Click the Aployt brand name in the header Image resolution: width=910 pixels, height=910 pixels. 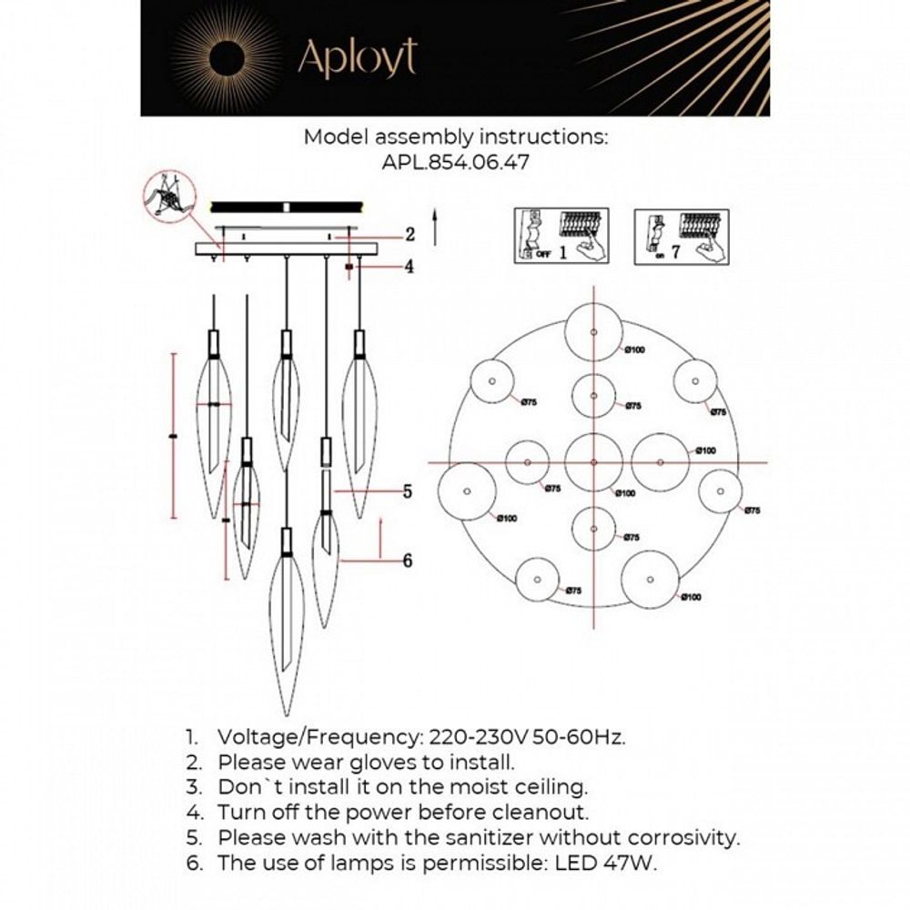tap(358, 56)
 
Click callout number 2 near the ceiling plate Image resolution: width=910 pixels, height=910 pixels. tap(409, 235)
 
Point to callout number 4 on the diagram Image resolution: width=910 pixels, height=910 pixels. tap(409, 267)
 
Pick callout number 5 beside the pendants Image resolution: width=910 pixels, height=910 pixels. tap(408, 491)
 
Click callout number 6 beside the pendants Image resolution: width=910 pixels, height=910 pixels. tap(407, 560)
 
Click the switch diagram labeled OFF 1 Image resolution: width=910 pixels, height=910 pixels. tap(559, 236)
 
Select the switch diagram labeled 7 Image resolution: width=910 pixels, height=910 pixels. tap(679, 236)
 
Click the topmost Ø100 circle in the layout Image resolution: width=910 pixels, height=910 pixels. tap(592, 333)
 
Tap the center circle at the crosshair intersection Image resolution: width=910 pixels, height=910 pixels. tap(593, 462)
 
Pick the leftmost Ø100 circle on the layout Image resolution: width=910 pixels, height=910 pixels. tap(467, 491)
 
